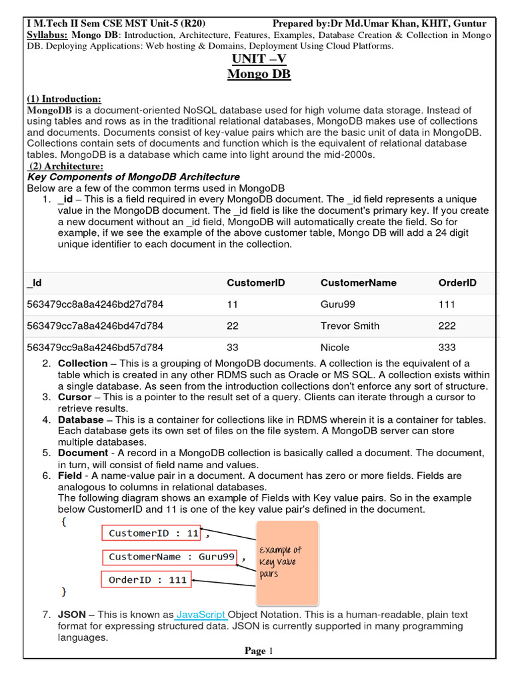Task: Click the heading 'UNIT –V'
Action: tap(259, 59)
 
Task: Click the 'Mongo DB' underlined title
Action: tap(259, 74)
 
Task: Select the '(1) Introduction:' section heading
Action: tap(64, 99)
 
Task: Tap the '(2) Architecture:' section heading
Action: tap(66, 166)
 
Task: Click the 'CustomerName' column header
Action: tap(358, 282)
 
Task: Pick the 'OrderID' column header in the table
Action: tap(457, 282)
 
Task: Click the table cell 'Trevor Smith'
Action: tap(350, 326)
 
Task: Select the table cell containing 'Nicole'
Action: tap(335, 347)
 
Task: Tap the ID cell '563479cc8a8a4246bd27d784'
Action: tap(95, 304)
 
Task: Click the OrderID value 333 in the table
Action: tap(447, 347)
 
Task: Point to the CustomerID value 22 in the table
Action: tap(233, 326)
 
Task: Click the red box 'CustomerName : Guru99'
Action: tap(171, 557)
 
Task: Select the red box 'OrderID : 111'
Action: tap(147, 579)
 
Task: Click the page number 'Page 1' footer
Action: tap(259, 651)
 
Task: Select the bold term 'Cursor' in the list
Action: tap(75, 397)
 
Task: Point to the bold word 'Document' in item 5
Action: tap(83, 453)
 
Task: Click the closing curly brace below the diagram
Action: tap(64, 591)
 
